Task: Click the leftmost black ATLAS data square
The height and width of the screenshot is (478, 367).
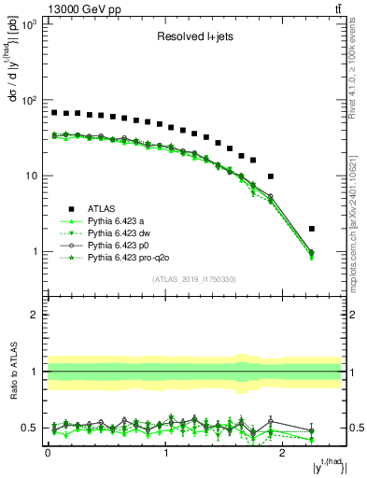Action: click(x=54, y=112)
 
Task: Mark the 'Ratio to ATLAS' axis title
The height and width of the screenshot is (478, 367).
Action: click(x=14, y=372)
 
